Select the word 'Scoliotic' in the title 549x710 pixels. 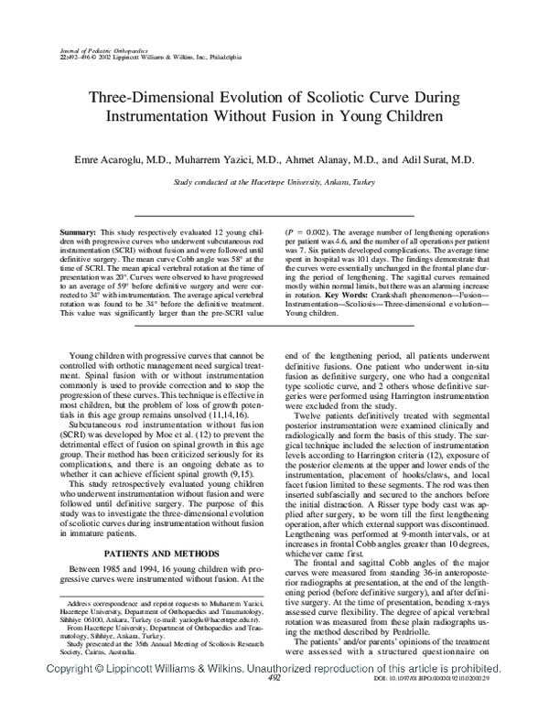coord(332,95)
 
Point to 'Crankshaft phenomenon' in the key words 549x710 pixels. coord(433,296)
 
